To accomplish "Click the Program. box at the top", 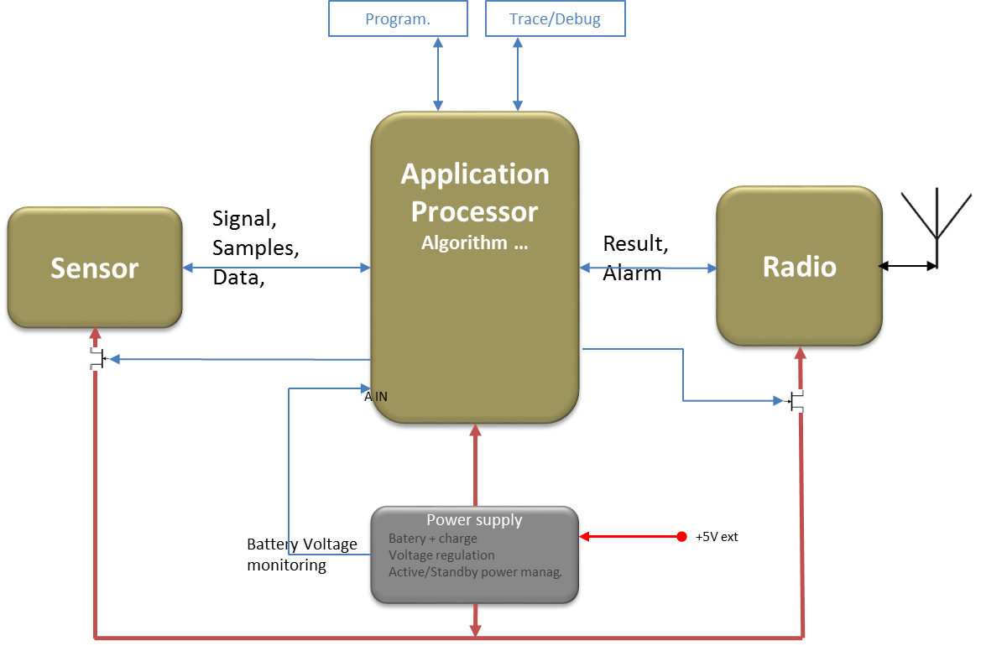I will [397, 18].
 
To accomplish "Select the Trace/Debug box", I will [555, 18].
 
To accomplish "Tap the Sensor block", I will [95, 268].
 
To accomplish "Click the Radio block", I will [799, 266].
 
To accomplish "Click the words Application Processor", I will [475, 192].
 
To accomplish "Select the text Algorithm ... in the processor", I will [474, 243].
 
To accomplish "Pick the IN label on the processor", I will [381, 396].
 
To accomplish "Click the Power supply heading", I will [474, 520].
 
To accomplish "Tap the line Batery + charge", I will [433, 539].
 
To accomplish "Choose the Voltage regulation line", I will [441, 555].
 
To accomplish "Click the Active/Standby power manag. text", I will [475, 572].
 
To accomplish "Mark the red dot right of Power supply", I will [681, 537].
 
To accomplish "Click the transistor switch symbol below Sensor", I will [99, 359].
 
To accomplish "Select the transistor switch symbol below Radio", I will [794, 401].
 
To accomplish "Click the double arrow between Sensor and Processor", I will [277, 268].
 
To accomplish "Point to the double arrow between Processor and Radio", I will [648, 268].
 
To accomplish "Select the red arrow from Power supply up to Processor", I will [475, 465].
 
